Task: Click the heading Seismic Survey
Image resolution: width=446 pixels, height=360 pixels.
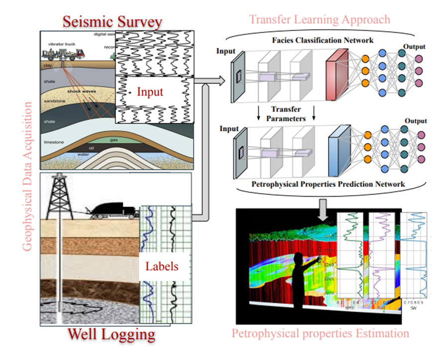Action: point(112,21)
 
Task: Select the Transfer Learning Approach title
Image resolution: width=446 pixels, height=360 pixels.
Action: point(319,19)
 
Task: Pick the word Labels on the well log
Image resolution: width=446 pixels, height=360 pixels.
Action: point(161,266)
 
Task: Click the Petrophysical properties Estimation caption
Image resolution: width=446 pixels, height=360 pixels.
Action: point(320,333)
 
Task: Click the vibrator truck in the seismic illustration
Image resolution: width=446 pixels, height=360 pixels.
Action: point(65,52)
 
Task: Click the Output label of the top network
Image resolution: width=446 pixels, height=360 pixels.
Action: point(414,47)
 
